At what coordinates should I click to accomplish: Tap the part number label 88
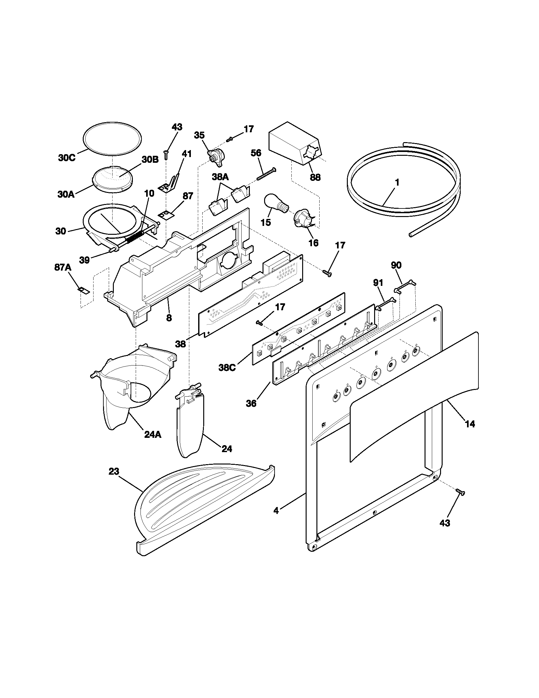point(315,177)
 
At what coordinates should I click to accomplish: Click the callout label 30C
point(67,158)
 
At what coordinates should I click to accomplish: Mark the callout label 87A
point(62,268)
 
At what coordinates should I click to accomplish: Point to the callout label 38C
point(227,368)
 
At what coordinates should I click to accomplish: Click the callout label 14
point(470,424)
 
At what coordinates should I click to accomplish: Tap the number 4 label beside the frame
point(276,511)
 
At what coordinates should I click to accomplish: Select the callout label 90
point(396,265)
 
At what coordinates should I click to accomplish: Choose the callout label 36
point(251,404)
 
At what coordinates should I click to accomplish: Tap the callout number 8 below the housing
point(169,318)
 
